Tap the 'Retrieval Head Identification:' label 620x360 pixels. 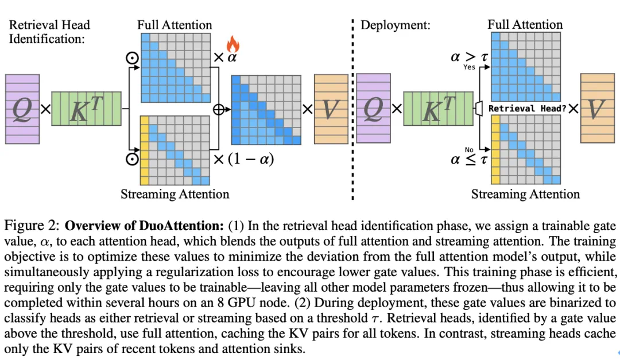[49, 32]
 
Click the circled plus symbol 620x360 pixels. [219, 109]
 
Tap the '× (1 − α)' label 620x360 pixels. [243, 159]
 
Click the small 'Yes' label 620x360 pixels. [470, 67]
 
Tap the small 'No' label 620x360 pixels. [469, 149]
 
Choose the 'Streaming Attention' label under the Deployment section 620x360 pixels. [525, 194]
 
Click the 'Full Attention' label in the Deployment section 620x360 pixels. [525, 25]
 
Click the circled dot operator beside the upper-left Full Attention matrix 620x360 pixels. [132, 58]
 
